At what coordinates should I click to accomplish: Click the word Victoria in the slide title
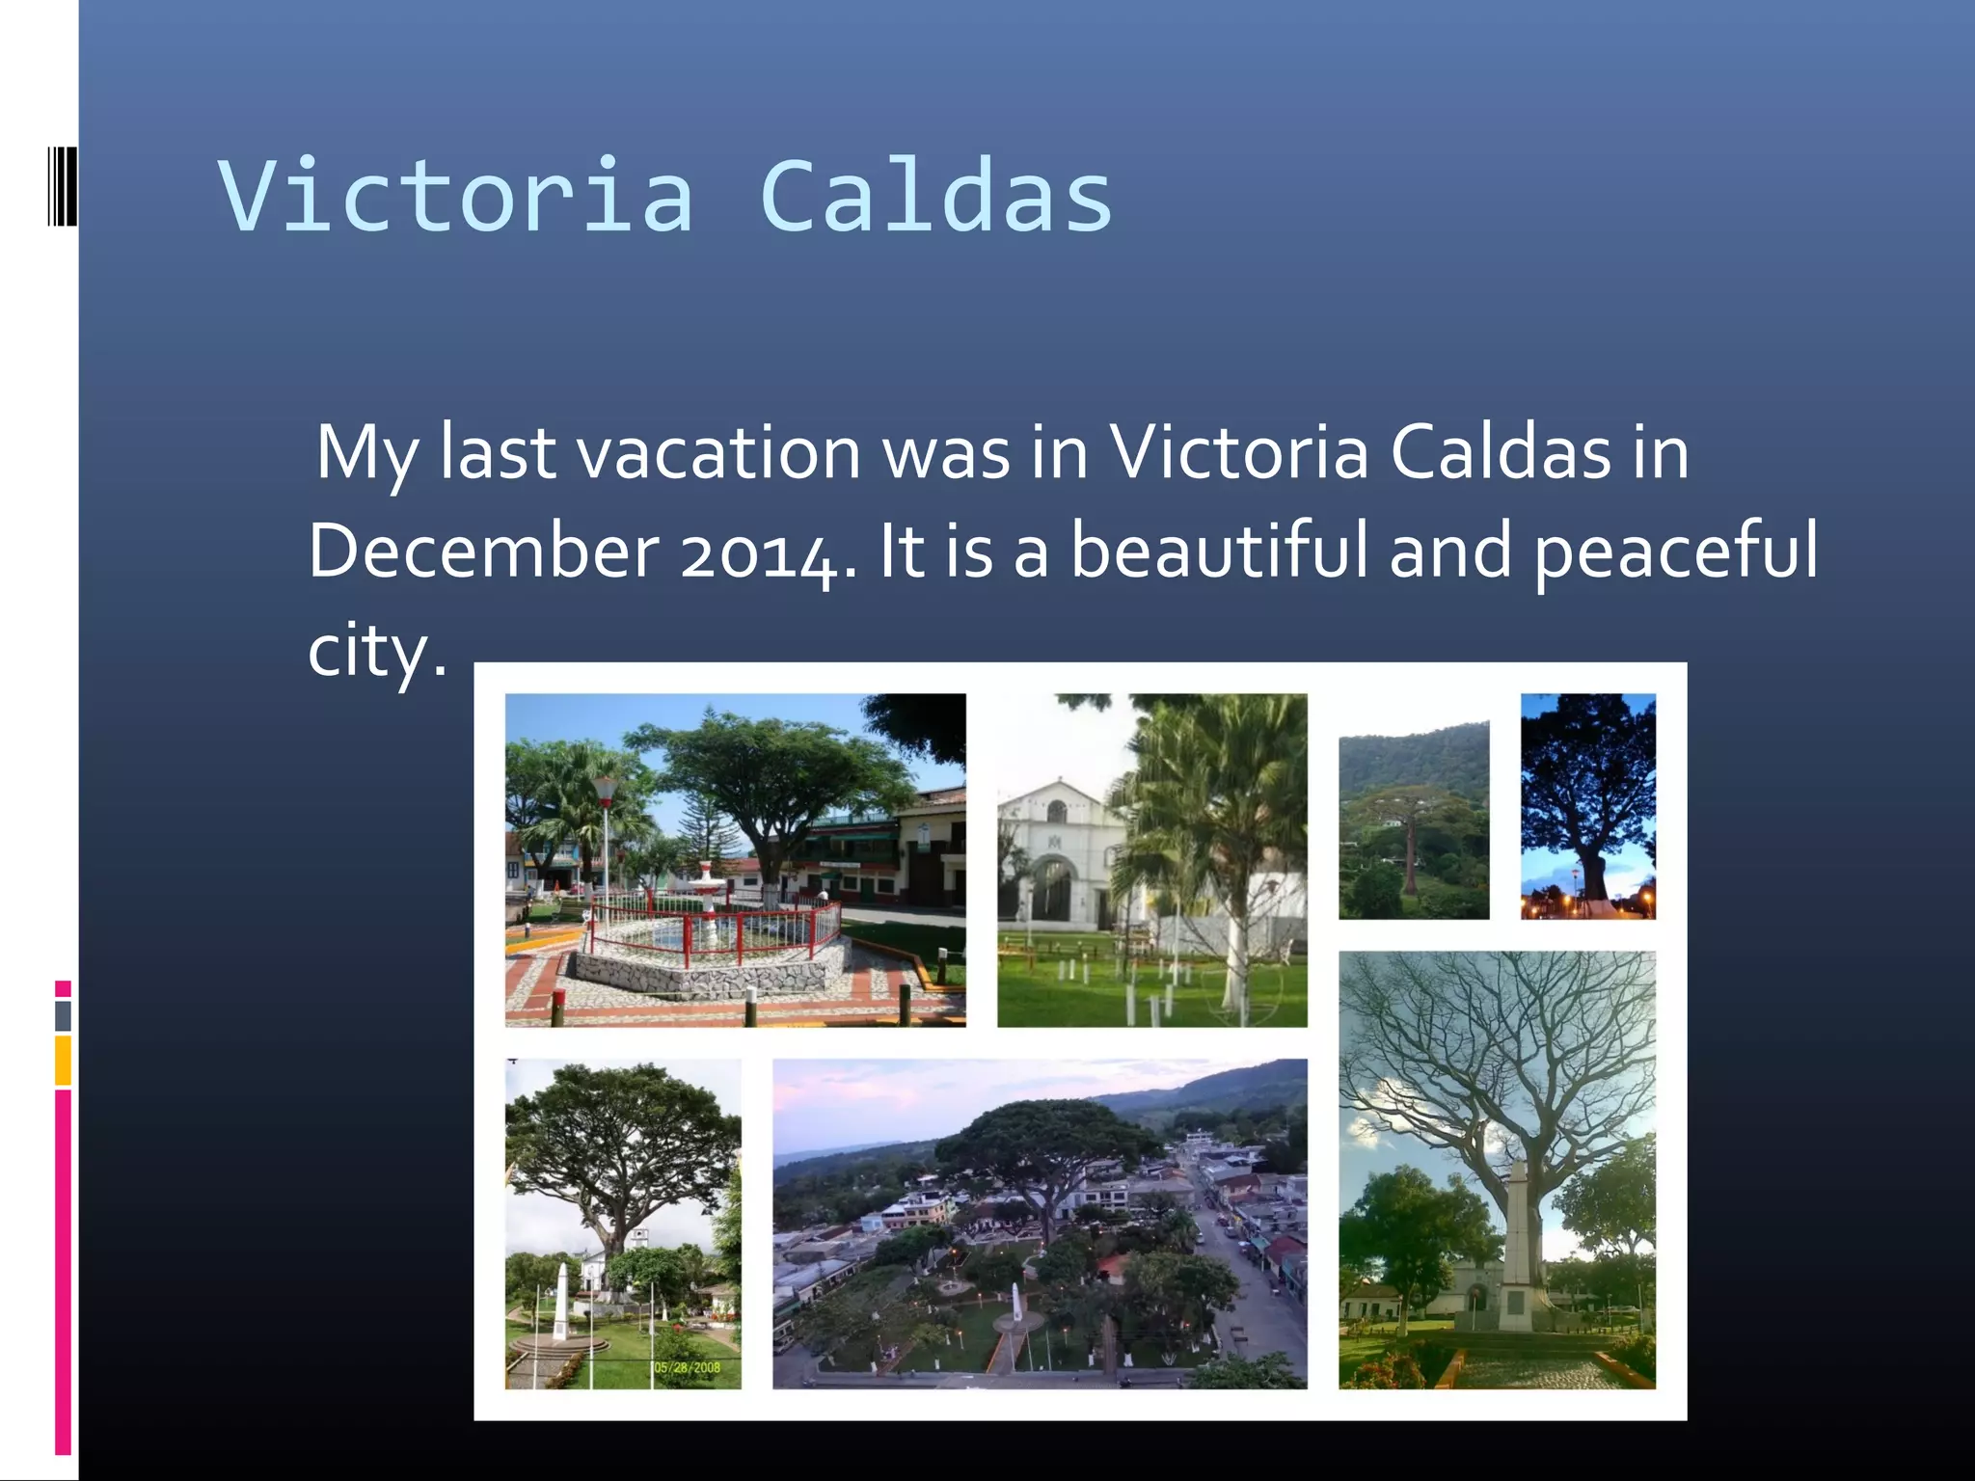[455, 198]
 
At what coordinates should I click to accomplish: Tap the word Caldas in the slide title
[935, 198]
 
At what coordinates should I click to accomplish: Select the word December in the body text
[484, 551]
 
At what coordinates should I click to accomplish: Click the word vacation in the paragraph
[718, 452]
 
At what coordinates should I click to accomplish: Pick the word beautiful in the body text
[1219, 551]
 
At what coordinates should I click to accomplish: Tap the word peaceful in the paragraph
[1675, 552]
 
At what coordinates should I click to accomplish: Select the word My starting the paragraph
[366, 454]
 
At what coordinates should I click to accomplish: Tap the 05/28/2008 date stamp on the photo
[687, 1367]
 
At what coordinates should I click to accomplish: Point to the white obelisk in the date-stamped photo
[561, 1302]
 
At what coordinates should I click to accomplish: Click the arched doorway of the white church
[1053, 888]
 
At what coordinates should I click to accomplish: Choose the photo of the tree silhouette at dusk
[1587, 806]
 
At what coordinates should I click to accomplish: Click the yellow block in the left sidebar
[63, 1060]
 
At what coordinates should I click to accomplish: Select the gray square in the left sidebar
[63, 1015]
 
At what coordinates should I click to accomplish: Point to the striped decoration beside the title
[62, 185]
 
